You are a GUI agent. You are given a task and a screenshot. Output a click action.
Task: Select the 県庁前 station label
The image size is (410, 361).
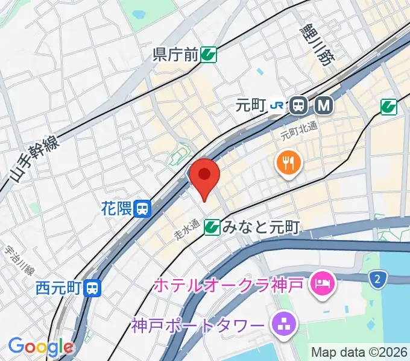175,55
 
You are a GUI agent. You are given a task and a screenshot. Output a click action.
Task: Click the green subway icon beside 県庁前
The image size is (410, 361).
209,55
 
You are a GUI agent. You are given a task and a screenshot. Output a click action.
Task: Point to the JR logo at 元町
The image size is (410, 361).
278,106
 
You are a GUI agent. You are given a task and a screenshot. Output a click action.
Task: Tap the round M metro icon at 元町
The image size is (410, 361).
324,106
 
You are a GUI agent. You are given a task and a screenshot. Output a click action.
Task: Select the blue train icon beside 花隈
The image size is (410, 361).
143,209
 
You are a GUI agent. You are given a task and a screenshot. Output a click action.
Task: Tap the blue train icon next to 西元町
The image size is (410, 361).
92,288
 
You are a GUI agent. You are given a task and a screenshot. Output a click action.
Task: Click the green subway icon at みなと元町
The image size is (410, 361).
212,227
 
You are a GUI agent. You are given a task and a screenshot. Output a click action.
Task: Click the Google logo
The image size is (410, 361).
40,347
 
